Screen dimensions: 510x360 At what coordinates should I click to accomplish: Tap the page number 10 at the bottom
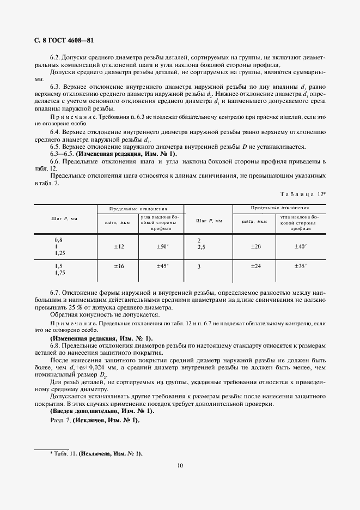180,465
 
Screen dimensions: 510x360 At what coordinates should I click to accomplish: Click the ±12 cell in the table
119,247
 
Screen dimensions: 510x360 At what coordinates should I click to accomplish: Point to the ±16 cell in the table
119,266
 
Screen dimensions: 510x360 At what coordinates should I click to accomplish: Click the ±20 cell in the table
255,247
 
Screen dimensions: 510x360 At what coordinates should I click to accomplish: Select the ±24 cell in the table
255,266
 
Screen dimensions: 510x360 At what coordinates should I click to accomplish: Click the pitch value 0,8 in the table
58,240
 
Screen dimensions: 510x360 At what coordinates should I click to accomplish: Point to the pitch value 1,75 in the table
60,272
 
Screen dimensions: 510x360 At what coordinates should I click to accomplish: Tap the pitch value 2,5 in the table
202,247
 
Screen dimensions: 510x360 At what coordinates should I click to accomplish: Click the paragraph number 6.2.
54,58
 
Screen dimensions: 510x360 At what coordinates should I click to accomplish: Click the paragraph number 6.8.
54,346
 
